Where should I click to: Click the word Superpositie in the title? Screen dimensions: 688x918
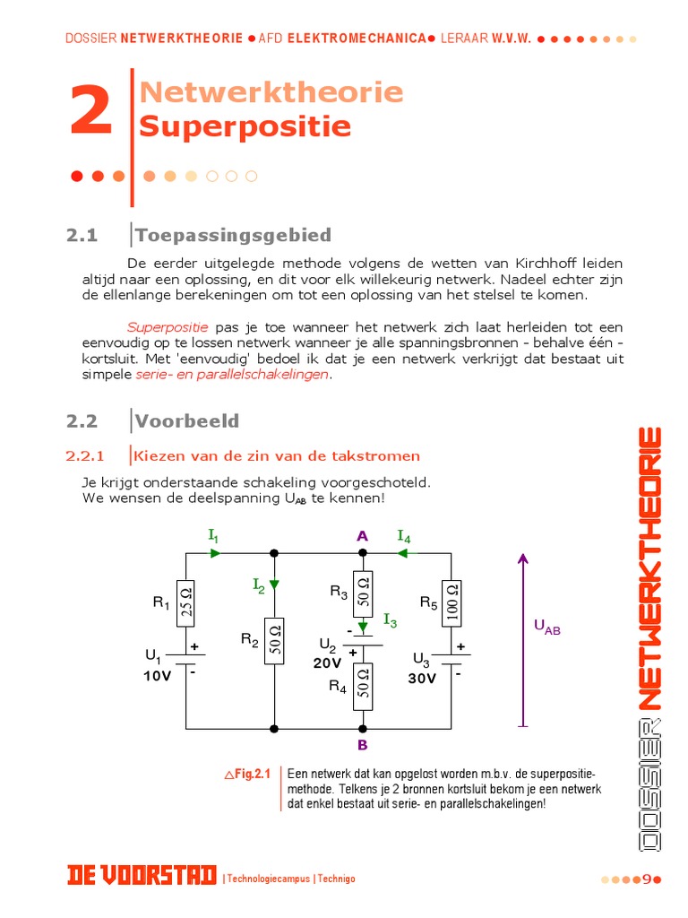tap(245, 126)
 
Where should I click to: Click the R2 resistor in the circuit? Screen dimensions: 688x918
tap(274, 640)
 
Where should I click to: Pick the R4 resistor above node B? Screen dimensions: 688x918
tap(363, 686)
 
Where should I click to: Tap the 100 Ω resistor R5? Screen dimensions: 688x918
tap(451, 602)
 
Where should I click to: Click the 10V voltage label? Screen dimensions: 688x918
tap(157, 677)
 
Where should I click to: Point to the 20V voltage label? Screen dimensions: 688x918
tap(328, 663)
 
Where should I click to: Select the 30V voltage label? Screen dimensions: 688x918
tap(421, 679)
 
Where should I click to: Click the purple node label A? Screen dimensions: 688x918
tap(362, 536)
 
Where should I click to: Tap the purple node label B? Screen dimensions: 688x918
tap(362, 745)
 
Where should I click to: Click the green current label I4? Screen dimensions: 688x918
tap(404, 537)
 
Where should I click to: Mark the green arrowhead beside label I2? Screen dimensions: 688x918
tap(274, 585)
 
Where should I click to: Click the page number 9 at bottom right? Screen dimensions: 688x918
tap(647, 879)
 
